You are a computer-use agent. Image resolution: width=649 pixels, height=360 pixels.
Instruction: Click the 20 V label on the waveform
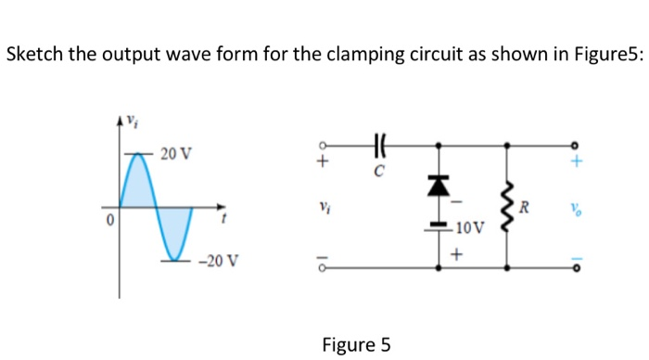coord(176,152)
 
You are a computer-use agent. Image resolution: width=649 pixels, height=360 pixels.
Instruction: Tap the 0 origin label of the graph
coord(108,221)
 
